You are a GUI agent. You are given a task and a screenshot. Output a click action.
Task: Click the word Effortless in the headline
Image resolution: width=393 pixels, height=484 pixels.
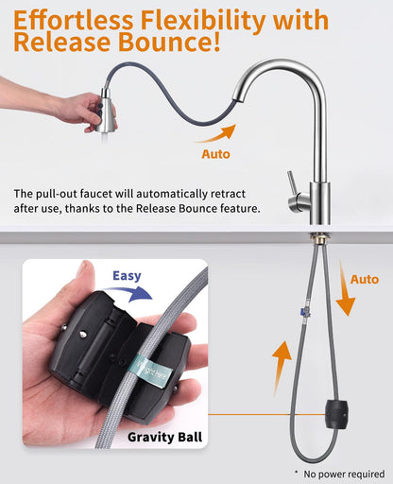click(73, 21)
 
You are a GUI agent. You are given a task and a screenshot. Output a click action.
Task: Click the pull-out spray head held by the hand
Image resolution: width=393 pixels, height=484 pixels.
click(107, 111)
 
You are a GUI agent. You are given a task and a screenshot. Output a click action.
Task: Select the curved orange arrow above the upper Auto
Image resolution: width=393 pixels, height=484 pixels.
click(217, 133)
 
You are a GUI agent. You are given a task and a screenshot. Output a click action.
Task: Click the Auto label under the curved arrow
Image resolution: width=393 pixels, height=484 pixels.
click(215, 154)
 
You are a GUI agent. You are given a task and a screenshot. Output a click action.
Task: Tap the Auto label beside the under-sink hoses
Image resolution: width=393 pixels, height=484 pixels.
click(365, 279)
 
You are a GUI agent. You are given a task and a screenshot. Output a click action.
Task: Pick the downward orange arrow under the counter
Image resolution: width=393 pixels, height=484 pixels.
click(344, 287)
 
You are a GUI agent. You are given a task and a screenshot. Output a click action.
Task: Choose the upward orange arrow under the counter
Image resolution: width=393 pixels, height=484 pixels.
click(281, 369)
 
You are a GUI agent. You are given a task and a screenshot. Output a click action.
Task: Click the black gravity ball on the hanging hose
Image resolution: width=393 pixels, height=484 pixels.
click(336, 414)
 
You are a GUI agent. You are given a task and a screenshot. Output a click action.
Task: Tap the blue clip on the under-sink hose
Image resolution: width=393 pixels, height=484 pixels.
click(304, 312)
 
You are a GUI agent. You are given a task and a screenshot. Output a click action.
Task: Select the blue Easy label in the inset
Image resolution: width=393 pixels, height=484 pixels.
click(127, 276)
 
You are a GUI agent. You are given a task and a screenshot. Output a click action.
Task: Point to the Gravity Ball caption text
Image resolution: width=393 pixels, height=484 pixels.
click(164, 437)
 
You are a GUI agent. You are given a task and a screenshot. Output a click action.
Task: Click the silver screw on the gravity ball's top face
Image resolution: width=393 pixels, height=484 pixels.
click(82, 334)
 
